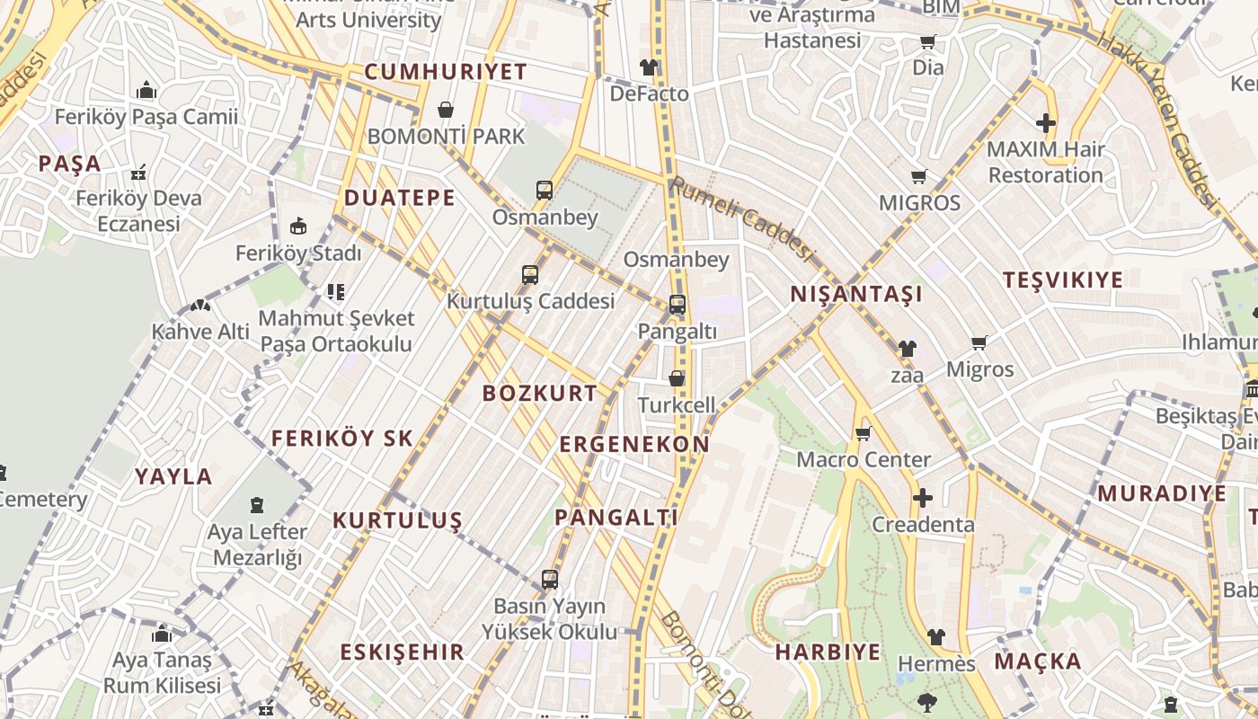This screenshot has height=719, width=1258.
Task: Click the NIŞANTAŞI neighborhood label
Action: pos(856,294)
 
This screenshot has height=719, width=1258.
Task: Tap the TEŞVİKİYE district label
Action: pos(1063,280)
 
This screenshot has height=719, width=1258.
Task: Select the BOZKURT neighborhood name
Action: pos(539,393)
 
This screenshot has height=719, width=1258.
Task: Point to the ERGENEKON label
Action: pos(634,444)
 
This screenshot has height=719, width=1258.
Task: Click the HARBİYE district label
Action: pos(828,652)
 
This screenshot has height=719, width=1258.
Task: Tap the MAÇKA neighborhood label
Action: pos(1037,661)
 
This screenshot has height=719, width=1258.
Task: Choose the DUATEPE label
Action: pos(400,198)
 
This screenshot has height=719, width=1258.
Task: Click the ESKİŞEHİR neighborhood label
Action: pos(402,652)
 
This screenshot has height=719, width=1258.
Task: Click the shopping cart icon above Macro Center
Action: pos(864,434)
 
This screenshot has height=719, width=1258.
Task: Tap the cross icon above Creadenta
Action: pos(922,498)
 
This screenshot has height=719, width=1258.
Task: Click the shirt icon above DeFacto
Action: pos(649,67)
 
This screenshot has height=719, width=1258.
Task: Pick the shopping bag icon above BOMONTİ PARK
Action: pos(446,110)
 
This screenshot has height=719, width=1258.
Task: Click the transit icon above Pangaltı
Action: pos(678,305)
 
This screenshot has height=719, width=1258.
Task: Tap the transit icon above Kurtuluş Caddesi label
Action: pos(530,274)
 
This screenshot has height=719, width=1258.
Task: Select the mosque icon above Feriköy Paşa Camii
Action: pos(146,90)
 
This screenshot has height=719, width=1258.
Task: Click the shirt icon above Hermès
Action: pos(935,637)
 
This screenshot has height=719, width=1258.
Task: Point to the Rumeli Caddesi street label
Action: pos(741,218)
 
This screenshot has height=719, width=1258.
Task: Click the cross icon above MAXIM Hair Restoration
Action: pos(1045,123)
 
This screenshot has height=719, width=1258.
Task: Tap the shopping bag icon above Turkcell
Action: pos(677,378)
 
